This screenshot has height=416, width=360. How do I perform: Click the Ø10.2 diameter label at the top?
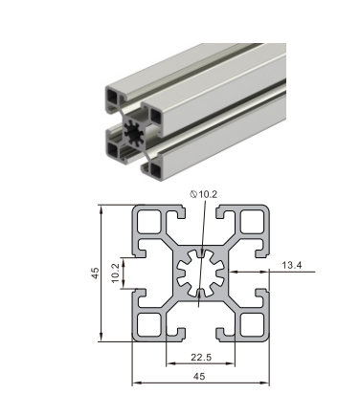[204, 194]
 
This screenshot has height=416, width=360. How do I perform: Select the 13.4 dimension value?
[292, 265]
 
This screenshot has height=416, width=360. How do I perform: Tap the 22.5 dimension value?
[201, 358]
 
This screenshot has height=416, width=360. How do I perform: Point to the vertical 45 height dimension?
[96, 274]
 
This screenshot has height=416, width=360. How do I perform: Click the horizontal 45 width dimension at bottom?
[199, 376]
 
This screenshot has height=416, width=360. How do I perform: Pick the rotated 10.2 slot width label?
[115, 273]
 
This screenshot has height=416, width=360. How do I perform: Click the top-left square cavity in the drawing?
[149, 221]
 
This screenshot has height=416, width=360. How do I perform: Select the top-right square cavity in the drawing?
[252, 221]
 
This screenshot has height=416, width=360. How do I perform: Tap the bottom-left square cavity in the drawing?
[149, 324]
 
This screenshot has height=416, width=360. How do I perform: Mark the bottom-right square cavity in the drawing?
[252, 324]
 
